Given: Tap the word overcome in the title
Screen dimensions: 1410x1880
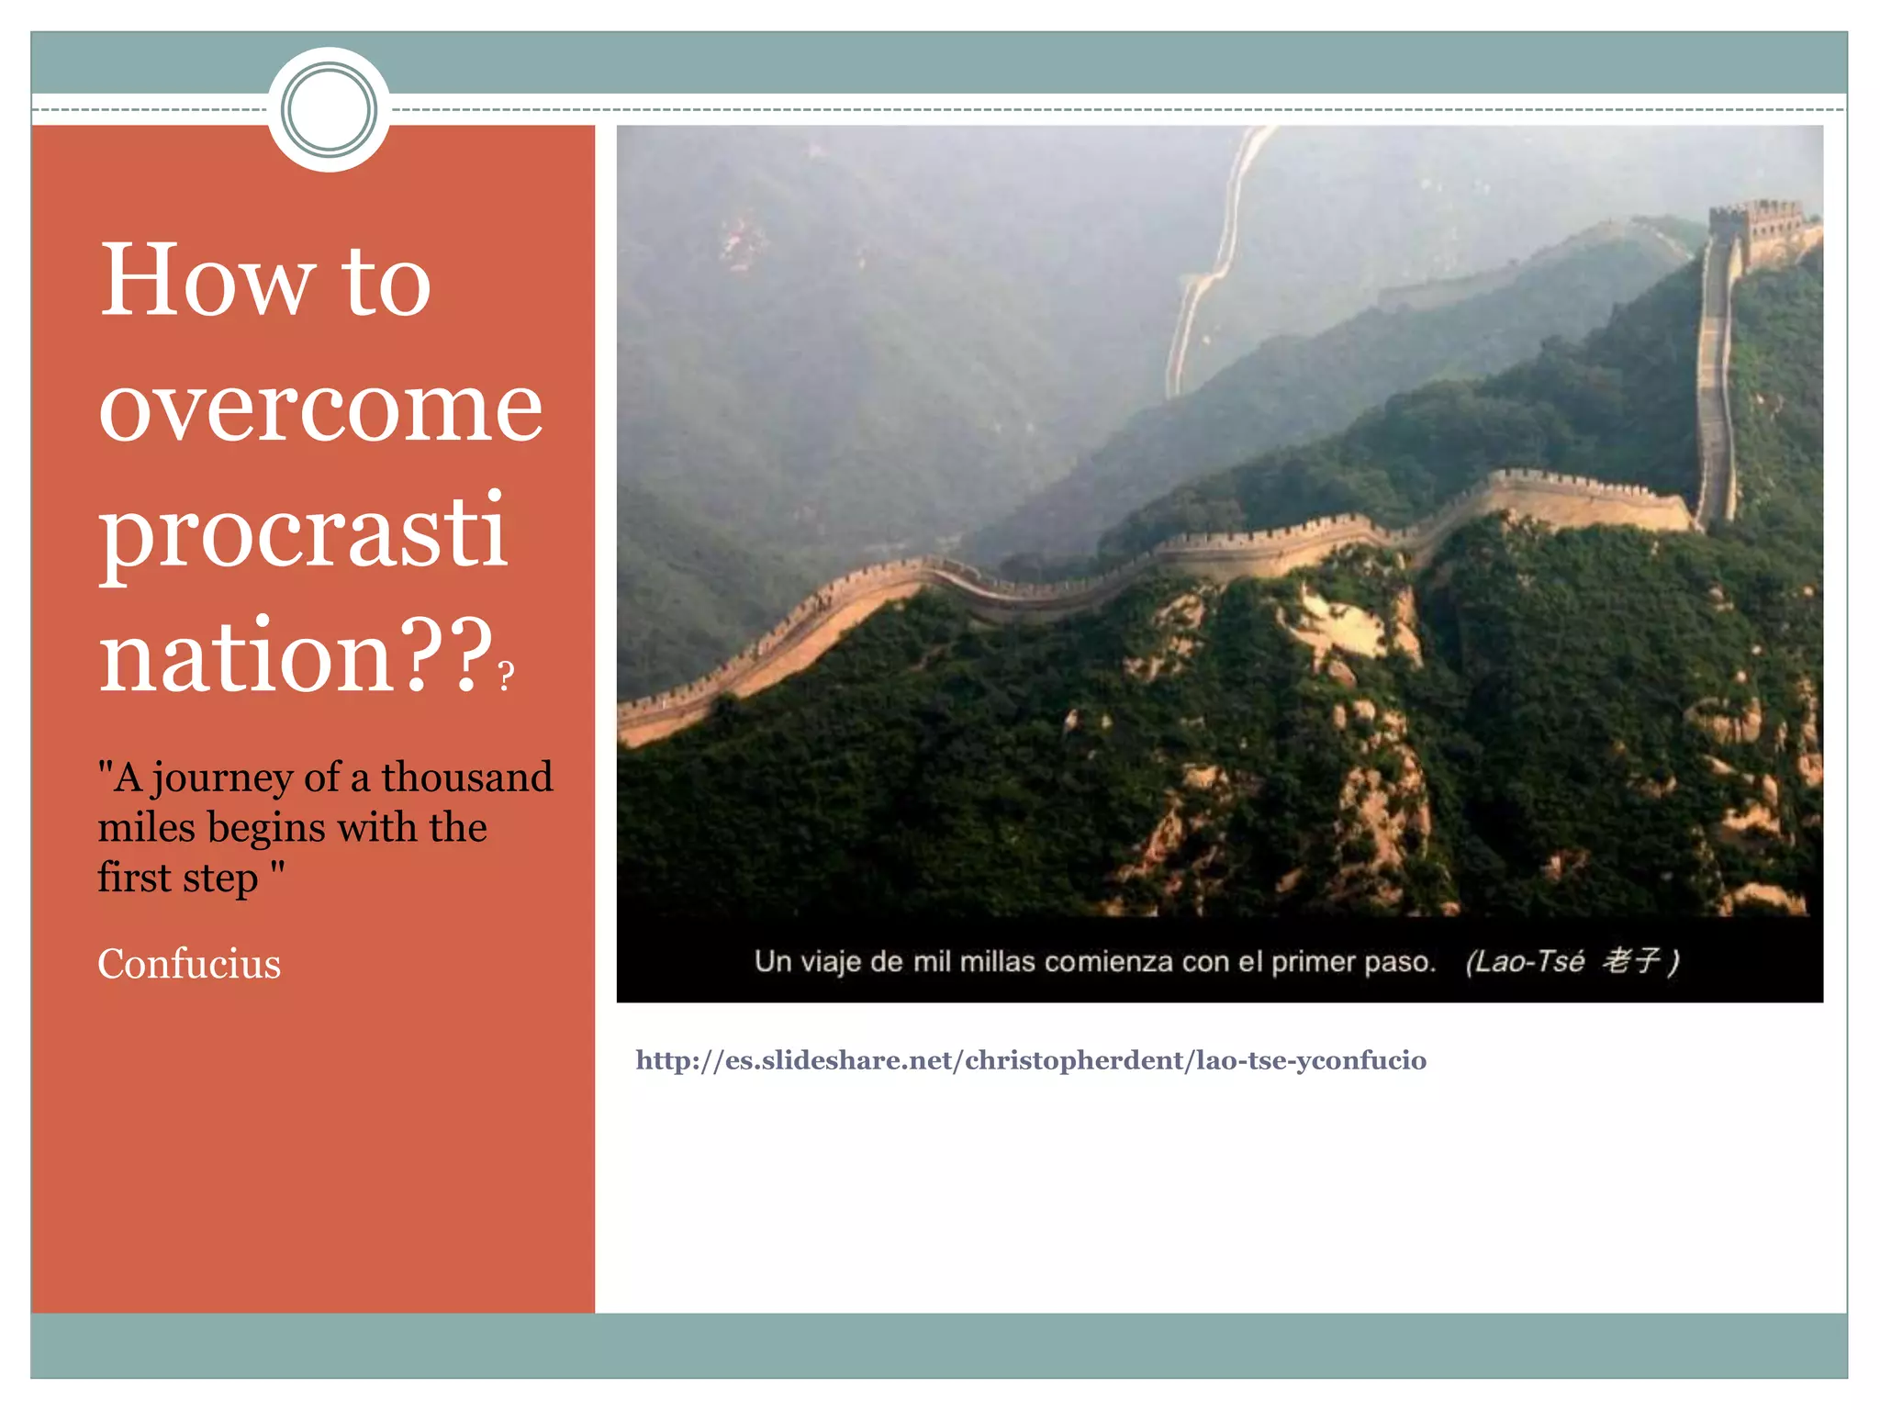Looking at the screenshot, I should point(320,408).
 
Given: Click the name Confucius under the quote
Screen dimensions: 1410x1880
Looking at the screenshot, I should point(189,964).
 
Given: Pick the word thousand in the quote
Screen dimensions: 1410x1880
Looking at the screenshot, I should point(467,777).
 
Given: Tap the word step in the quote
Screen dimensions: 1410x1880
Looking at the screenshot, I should point(220,878).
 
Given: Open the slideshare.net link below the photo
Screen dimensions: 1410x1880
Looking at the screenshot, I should point(1030,1060).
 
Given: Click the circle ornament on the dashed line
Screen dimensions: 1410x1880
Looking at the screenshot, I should point(329,110).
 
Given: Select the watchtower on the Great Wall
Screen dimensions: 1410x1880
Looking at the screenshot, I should point(1755,230).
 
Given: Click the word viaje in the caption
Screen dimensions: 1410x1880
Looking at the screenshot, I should point(831,961).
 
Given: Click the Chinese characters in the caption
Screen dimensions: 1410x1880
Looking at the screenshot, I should point(1631,960).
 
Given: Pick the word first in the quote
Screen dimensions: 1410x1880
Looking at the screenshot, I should point(134,878).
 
